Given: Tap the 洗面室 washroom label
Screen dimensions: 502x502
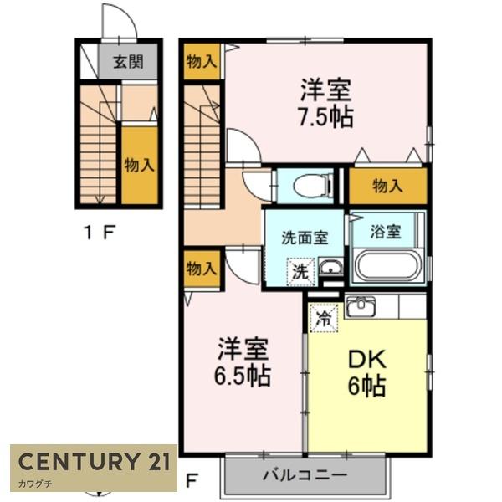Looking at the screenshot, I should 304,238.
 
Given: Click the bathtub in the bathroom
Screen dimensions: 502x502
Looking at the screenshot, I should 388,268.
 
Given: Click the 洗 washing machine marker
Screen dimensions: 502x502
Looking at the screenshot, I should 300,271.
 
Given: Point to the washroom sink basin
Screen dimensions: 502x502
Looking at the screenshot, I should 330,269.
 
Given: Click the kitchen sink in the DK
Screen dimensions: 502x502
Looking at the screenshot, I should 361,306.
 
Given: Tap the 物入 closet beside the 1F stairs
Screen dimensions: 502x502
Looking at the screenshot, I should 140,165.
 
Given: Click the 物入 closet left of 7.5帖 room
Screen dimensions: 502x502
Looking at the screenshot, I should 202,61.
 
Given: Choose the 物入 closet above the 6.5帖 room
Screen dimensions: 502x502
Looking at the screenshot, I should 202,269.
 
